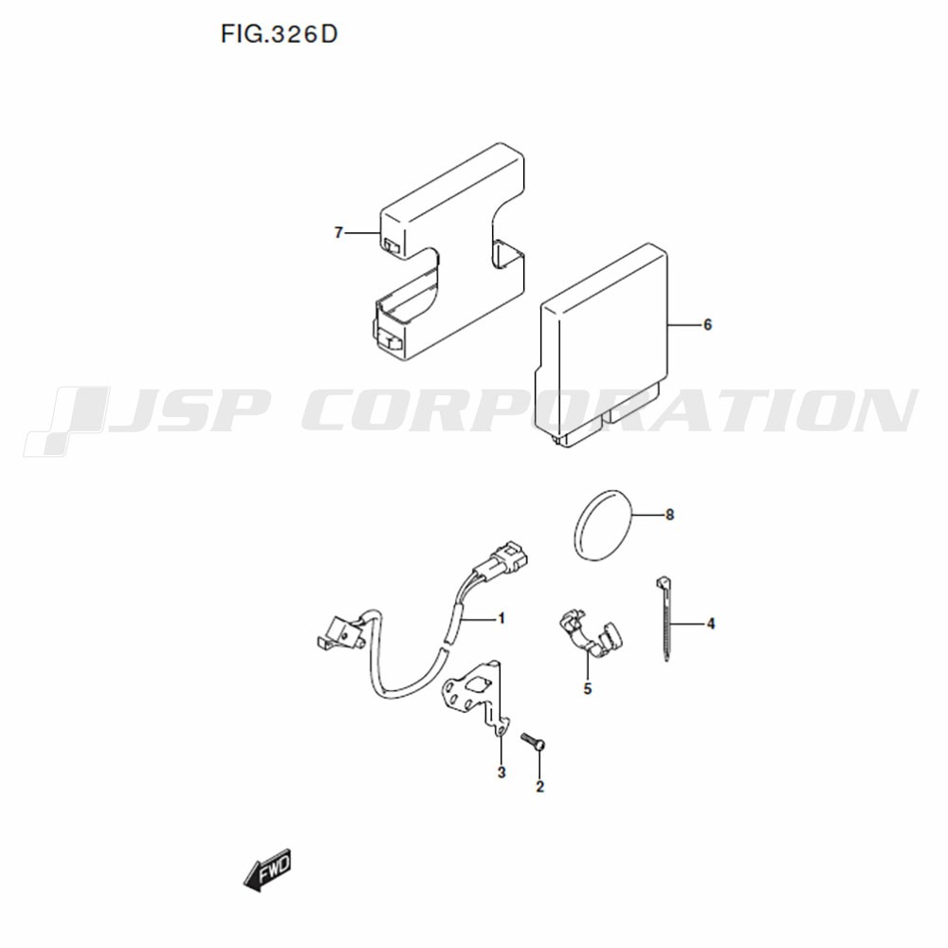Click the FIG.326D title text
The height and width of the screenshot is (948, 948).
click(x=279, y=34)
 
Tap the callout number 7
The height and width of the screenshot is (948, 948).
click(x=338, y=233)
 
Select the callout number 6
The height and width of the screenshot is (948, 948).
click(x=707, y=325)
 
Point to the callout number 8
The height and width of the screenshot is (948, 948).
click(x=669, y=515)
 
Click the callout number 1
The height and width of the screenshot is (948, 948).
click(x=501, y=618)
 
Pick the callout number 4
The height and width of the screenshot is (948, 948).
click(x=711, y=624)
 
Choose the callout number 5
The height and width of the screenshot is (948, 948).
click(x=588, y=688)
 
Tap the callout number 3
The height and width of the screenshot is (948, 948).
click(x=501, y=773)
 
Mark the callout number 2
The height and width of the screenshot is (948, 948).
click(x=540, y=787)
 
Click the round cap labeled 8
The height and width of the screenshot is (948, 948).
click(x=602, y=525)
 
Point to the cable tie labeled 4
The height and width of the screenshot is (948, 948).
click(x=665, y=618)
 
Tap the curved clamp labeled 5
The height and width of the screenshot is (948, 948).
click(x=589, y=636)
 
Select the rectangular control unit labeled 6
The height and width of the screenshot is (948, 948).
click(x=602, y=346)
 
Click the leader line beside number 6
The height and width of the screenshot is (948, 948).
click(x=684, y=325)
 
